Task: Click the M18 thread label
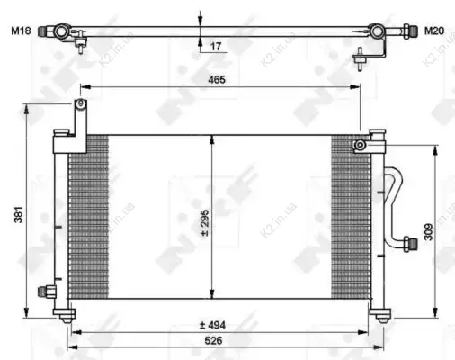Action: click(21, 31)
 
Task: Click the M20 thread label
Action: click(434, 31)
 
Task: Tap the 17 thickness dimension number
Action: click(216, 47)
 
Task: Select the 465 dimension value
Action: click(217, 80)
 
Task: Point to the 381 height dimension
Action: click(19, 214)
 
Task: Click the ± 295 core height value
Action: click(205, 223)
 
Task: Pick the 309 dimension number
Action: click(429, 232)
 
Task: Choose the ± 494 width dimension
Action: click(212, 325)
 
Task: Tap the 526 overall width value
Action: click(214, 340)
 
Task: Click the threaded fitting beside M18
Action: click(43, 31)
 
